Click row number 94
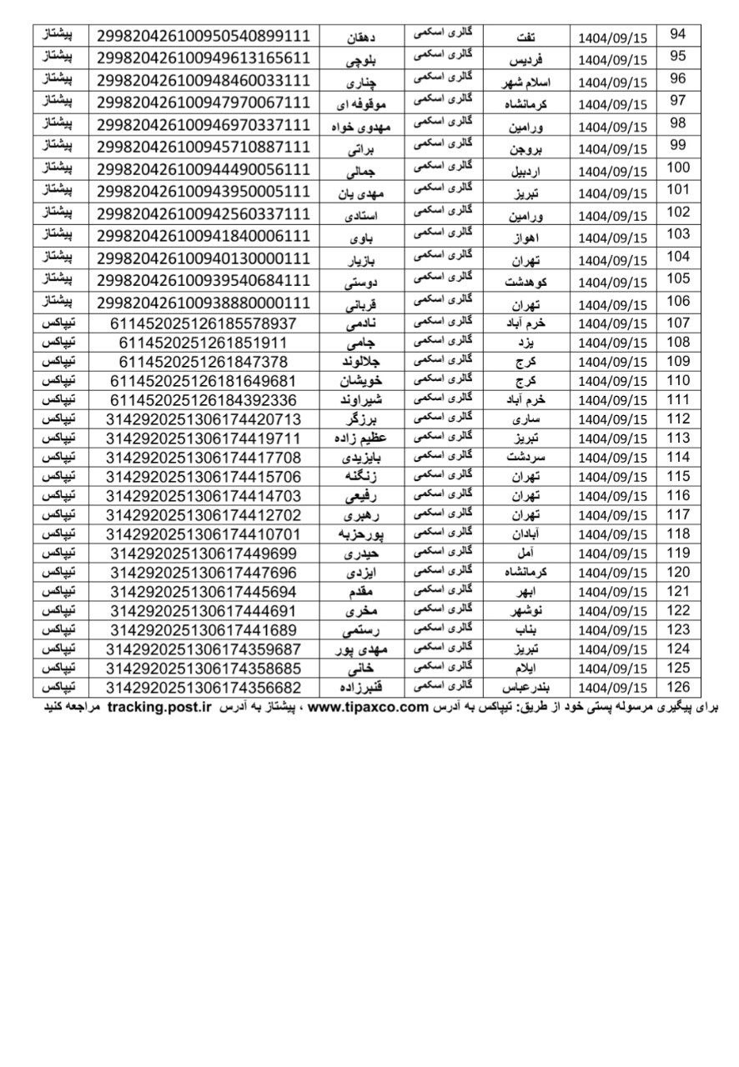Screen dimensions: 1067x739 (678, 34)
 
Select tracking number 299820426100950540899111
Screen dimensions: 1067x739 (204, 35)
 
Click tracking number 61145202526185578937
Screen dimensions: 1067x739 (204, 322)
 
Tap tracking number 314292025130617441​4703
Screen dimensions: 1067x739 (204, 495)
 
